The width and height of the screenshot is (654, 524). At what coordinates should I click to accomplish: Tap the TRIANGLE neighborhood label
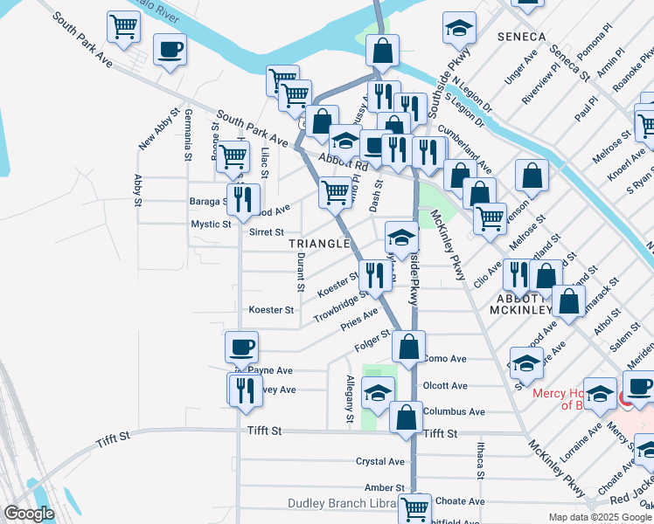pyautogui.click(x=319, y=244)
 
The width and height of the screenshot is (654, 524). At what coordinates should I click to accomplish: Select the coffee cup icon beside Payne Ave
pyautogui.click(x=241, y=348)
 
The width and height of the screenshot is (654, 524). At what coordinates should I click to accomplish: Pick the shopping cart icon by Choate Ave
pyautogui.click(x=414, y=507)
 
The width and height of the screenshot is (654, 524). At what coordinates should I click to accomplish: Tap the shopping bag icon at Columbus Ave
pyautogui.click(x=407, y=417)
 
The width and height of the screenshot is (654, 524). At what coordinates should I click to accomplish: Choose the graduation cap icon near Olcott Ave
pyautogui.click(x=378, y=394)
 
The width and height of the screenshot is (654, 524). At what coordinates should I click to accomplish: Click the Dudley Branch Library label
pyautogui.click(x=342, y=503)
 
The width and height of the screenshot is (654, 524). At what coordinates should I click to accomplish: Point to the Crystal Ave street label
pyautogui.click(x=379, y=461)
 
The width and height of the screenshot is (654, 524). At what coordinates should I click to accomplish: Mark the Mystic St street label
pyautogui.click(x=211, y=224)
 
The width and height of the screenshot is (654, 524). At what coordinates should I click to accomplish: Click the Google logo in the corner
pyautogui.click(x=29, y=514)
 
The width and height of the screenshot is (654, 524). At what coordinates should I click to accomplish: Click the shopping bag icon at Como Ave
pyautogui.click(x=408, y=347)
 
